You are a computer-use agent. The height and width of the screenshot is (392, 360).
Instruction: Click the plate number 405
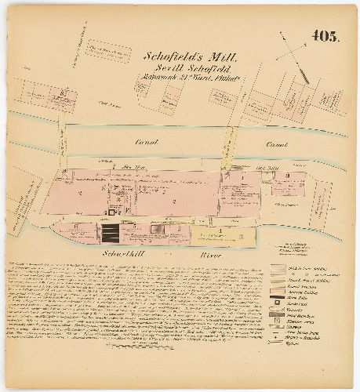pyautogui.click(x=325, y=36)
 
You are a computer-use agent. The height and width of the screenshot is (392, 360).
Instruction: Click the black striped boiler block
pyautogui.click(x=110, y=233)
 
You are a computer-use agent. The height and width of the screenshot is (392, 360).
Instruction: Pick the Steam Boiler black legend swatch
pyautogui.click(x=277, y=297)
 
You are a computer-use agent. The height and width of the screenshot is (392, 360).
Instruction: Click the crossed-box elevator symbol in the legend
pyautogui.click(x=277, y=322)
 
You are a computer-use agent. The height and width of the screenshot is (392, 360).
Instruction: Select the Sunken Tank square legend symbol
pyautogui.click(x=277, y=303)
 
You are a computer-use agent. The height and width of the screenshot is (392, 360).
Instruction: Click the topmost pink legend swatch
pyautogui.click(x=277, y=267)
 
